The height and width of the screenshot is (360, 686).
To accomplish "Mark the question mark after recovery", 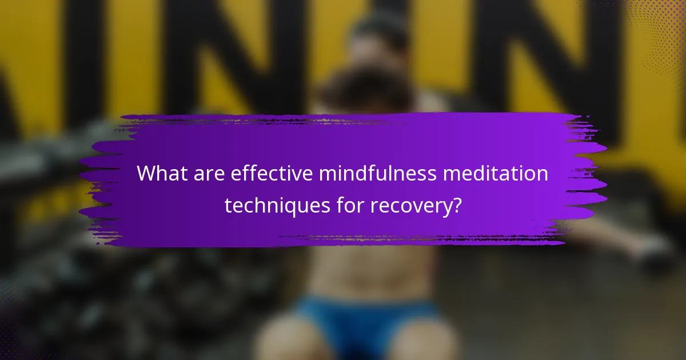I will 456,205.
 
